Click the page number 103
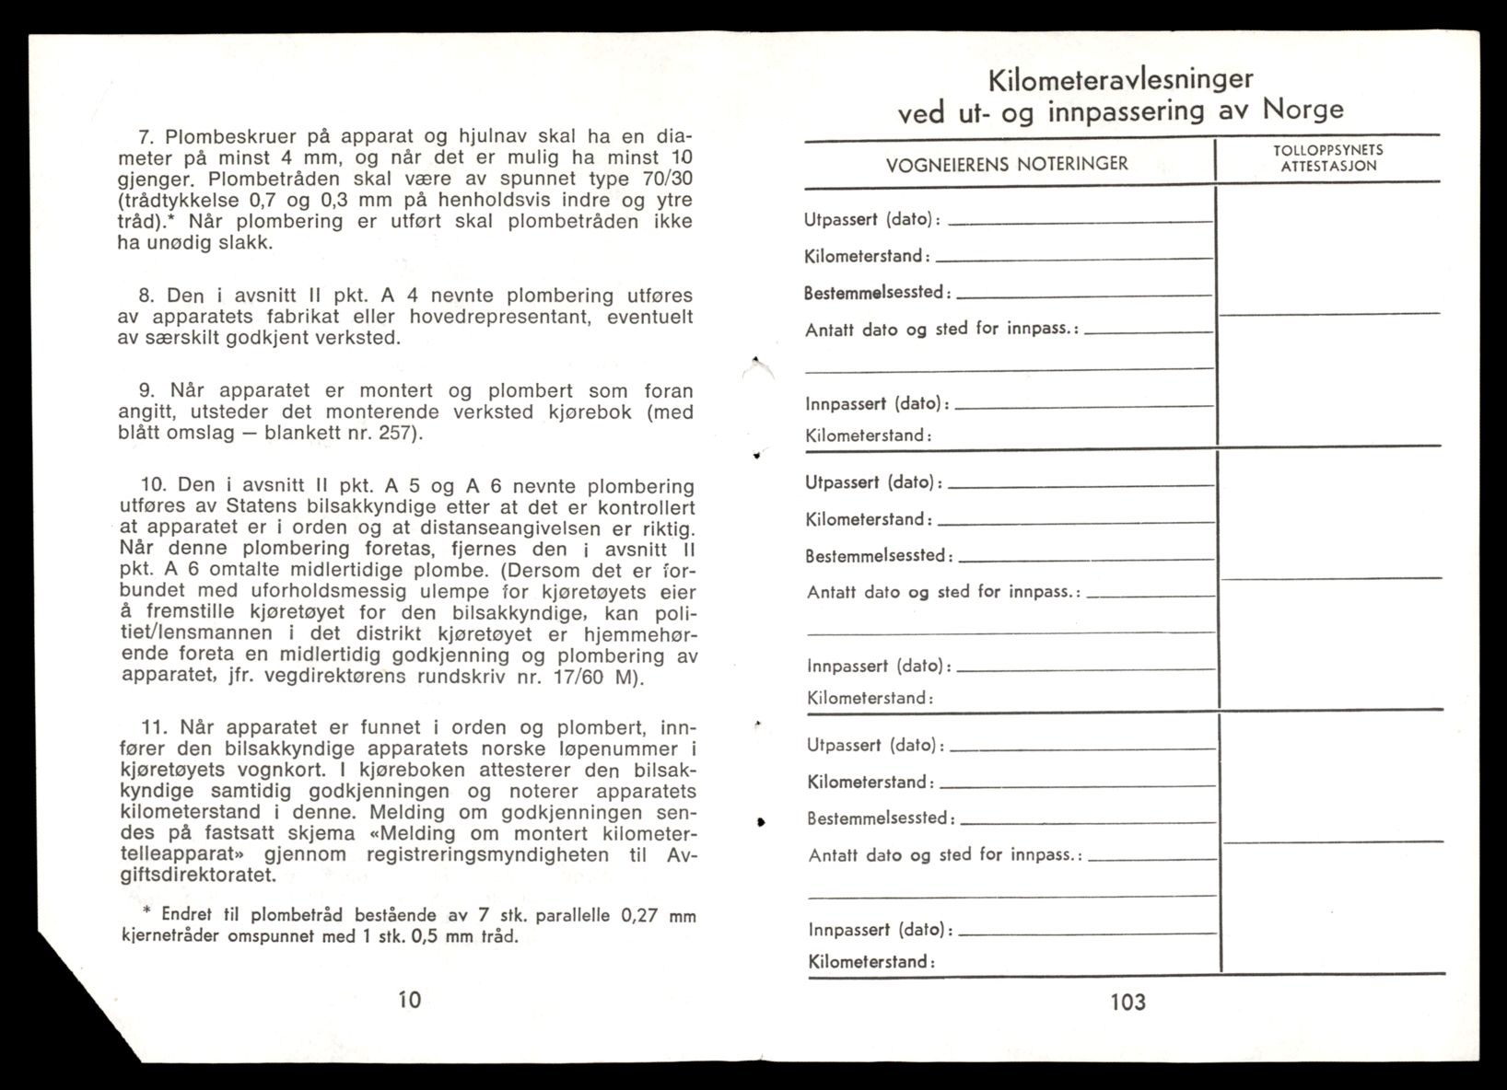pos(1127,1002)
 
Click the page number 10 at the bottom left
pos(409,999)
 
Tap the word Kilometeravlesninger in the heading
pos(1119,79)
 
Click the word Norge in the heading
pos(1303,110)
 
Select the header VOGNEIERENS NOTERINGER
pos(1007,164)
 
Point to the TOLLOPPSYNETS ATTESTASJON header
pos(1328,157)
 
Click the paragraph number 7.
pos(145,137)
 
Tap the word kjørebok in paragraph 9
pos(592,412)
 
